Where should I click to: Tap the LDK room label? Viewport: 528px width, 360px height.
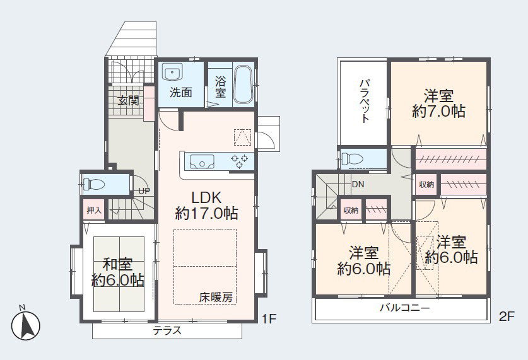[x=206, y=197]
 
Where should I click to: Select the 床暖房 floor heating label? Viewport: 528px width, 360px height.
[x=216, y=297]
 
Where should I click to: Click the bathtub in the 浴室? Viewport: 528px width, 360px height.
[x=243, y=84]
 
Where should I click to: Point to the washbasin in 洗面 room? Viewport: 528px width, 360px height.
[x=172, y=72]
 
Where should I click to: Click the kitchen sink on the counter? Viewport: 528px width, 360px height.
[x=202, y=161]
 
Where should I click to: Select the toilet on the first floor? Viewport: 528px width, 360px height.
[x=94, y=184]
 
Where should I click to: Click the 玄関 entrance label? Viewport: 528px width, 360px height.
[x=128, y=100]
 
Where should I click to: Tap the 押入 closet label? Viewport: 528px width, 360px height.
[x=94, y=211]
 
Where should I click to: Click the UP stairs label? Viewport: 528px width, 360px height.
[x=144, y=191]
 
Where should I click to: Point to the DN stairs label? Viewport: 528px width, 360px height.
[x=358, y=184]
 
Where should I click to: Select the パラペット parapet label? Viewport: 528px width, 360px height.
[x=365, y=101]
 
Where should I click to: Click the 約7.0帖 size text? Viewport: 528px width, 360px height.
[x=439, y=111]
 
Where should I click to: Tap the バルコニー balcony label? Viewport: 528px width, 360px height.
[x=405, y=308]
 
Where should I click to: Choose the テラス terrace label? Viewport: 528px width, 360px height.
[x=167, y=330]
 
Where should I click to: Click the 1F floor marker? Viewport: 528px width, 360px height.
[x=269, y=318]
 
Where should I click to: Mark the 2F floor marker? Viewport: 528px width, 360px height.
[x=507, y=316]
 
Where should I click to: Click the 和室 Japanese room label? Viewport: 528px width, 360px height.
[x=117, y=264]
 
